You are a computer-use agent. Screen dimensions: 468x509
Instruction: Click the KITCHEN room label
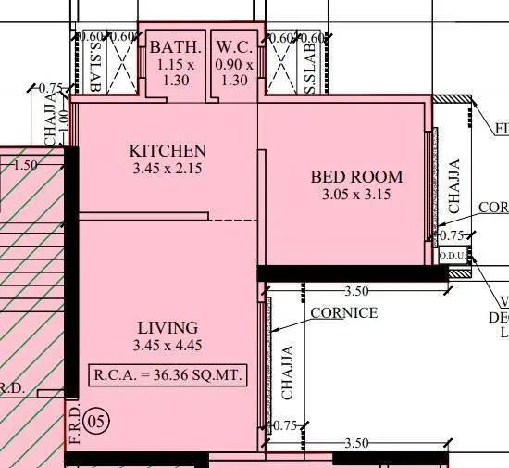tap(168, 150)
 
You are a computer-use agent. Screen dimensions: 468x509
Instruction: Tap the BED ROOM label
tap(356, 177)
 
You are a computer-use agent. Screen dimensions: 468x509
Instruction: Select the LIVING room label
tap(168, 327)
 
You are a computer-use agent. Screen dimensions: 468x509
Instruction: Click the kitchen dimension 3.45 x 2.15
tap(168, 169)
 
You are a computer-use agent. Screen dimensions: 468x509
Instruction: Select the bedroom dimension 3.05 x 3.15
tap(356, 196)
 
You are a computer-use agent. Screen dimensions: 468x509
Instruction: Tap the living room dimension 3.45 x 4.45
tap(168, 346)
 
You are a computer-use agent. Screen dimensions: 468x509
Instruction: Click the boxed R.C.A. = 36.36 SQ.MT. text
tap(168, 376)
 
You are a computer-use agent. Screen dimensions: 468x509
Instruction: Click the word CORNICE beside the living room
tap(343, 313)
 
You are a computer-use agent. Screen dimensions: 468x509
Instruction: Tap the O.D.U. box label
tap(452, 255)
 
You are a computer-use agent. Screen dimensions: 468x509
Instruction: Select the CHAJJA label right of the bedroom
tap(453, 186)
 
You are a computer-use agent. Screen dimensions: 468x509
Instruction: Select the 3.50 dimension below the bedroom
tap(355, 291)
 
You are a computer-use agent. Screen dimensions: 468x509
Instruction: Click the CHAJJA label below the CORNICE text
tap(288, 373)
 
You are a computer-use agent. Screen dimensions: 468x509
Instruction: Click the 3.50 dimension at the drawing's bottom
tap(355, 444)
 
